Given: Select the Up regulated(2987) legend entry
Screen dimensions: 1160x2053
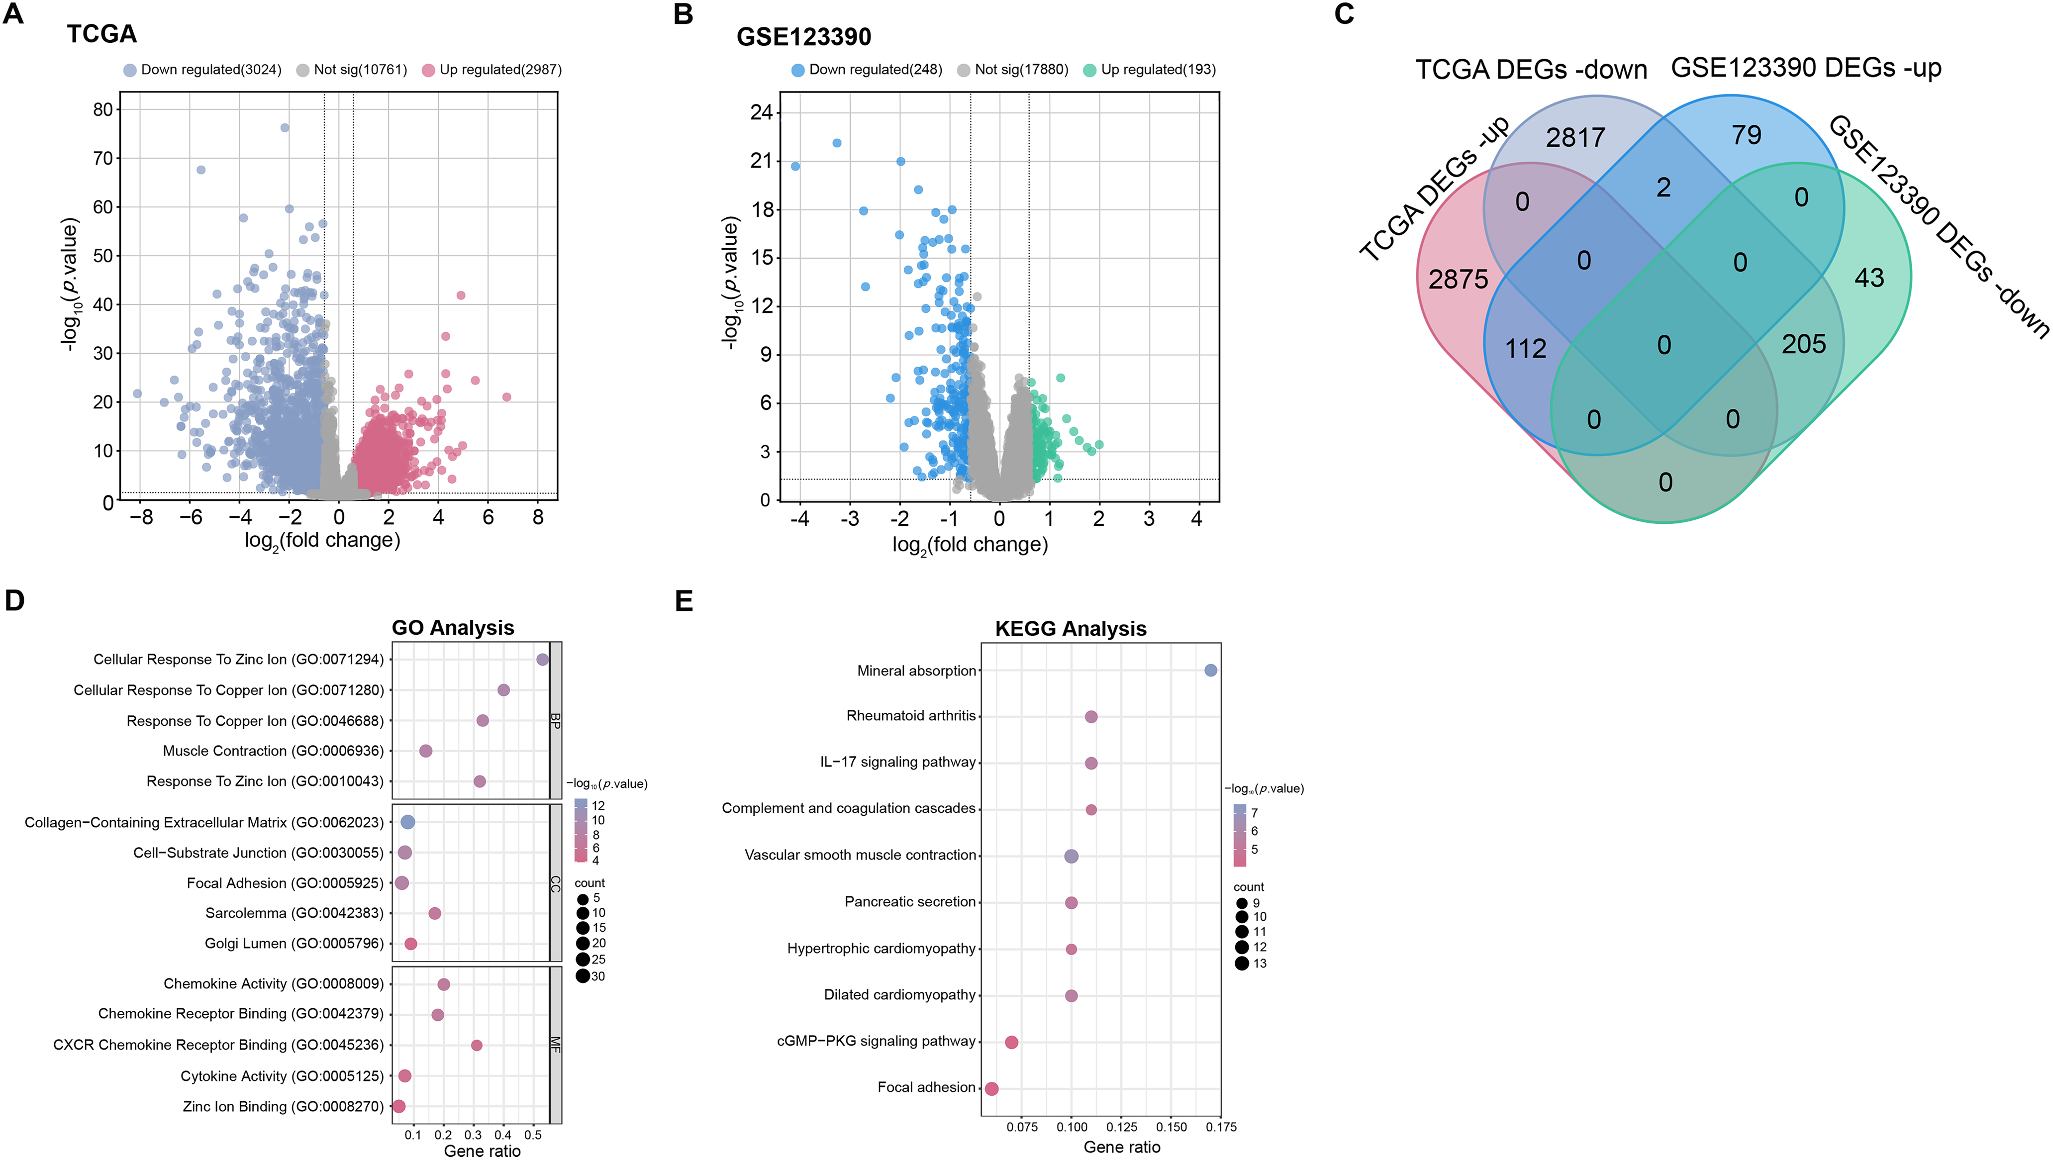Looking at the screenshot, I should [500, 70].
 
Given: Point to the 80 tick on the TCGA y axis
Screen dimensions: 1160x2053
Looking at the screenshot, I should [103, 110].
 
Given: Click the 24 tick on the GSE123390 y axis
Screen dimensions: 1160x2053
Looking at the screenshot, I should [761, 112].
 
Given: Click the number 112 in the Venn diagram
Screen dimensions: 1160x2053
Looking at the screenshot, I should [1525, 349].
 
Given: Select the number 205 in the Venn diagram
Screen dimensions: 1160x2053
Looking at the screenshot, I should [1804, 344].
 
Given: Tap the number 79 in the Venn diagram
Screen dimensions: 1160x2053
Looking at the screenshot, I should [1746, 135].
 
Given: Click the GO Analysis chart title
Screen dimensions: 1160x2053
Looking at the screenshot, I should [453, 628].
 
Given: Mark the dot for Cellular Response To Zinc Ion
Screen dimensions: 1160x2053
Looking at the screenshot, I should [543, 660].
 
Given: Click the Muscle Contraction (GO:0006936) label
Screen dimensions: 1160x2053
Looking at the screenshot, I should [273, 751].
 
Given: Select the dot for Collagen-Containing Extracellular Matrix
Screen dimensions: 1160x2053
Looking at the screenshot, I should [407, 822].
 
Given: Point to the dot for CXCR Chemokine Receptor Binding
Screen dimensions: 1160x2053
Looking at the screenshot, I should [477, 1045].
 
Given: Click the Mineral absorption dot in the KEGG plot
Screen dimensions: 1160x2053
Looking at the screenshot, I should [1211, 671].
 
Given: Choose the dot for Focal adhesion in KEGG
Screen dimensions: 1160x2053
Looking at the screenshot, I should [991, 1088].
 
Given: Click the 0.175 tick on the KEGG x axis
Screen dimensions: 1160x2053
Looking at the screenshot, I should [1221, 1127].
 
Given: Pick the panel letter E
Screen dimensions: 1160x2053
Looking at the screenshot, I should [684, 601].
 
